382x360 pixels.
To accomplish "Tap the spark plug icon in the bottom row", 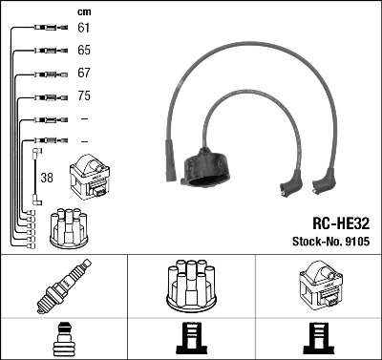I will click(x=63, y=287).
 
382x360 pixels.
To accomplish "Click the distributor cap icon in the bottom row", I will click(x=190, y=286).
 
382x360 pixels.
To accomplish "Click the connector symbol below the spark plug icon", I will click(x=63, y=339).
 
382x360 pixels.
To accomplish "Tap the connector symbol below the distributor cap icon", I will click(x=190, y=339).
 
